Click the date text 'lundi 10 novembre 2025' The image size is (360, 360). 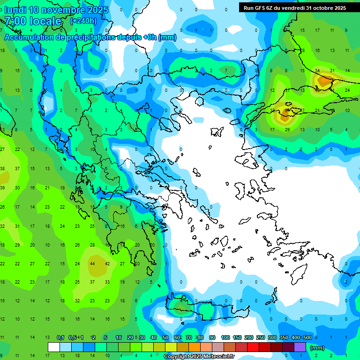coord(56,10)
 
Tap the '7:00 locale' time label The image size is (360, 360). coord(33,21)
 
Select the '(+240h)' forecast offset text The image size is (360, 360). coord(83,21)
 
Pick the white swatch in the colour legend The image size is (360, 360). coord(54,347)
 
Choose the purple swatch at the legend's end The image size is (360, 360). coord(300,347)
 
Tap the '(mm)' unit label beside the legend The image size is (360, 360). coord(317,348)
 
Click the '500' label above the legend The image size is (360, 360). coord(307,338)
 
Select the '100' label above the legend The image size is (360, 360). coord(225,338)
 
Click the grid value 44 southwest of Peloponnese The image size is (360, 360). coord(92,263)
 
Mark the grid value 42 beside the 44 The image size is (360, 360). coord(107,263)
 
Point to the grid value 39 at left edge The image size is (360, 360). coord(2,187)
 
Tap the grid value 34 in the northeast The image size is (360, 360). coord(317,71)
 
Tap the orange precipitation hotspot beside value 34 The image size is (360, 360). coord(324,81)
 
